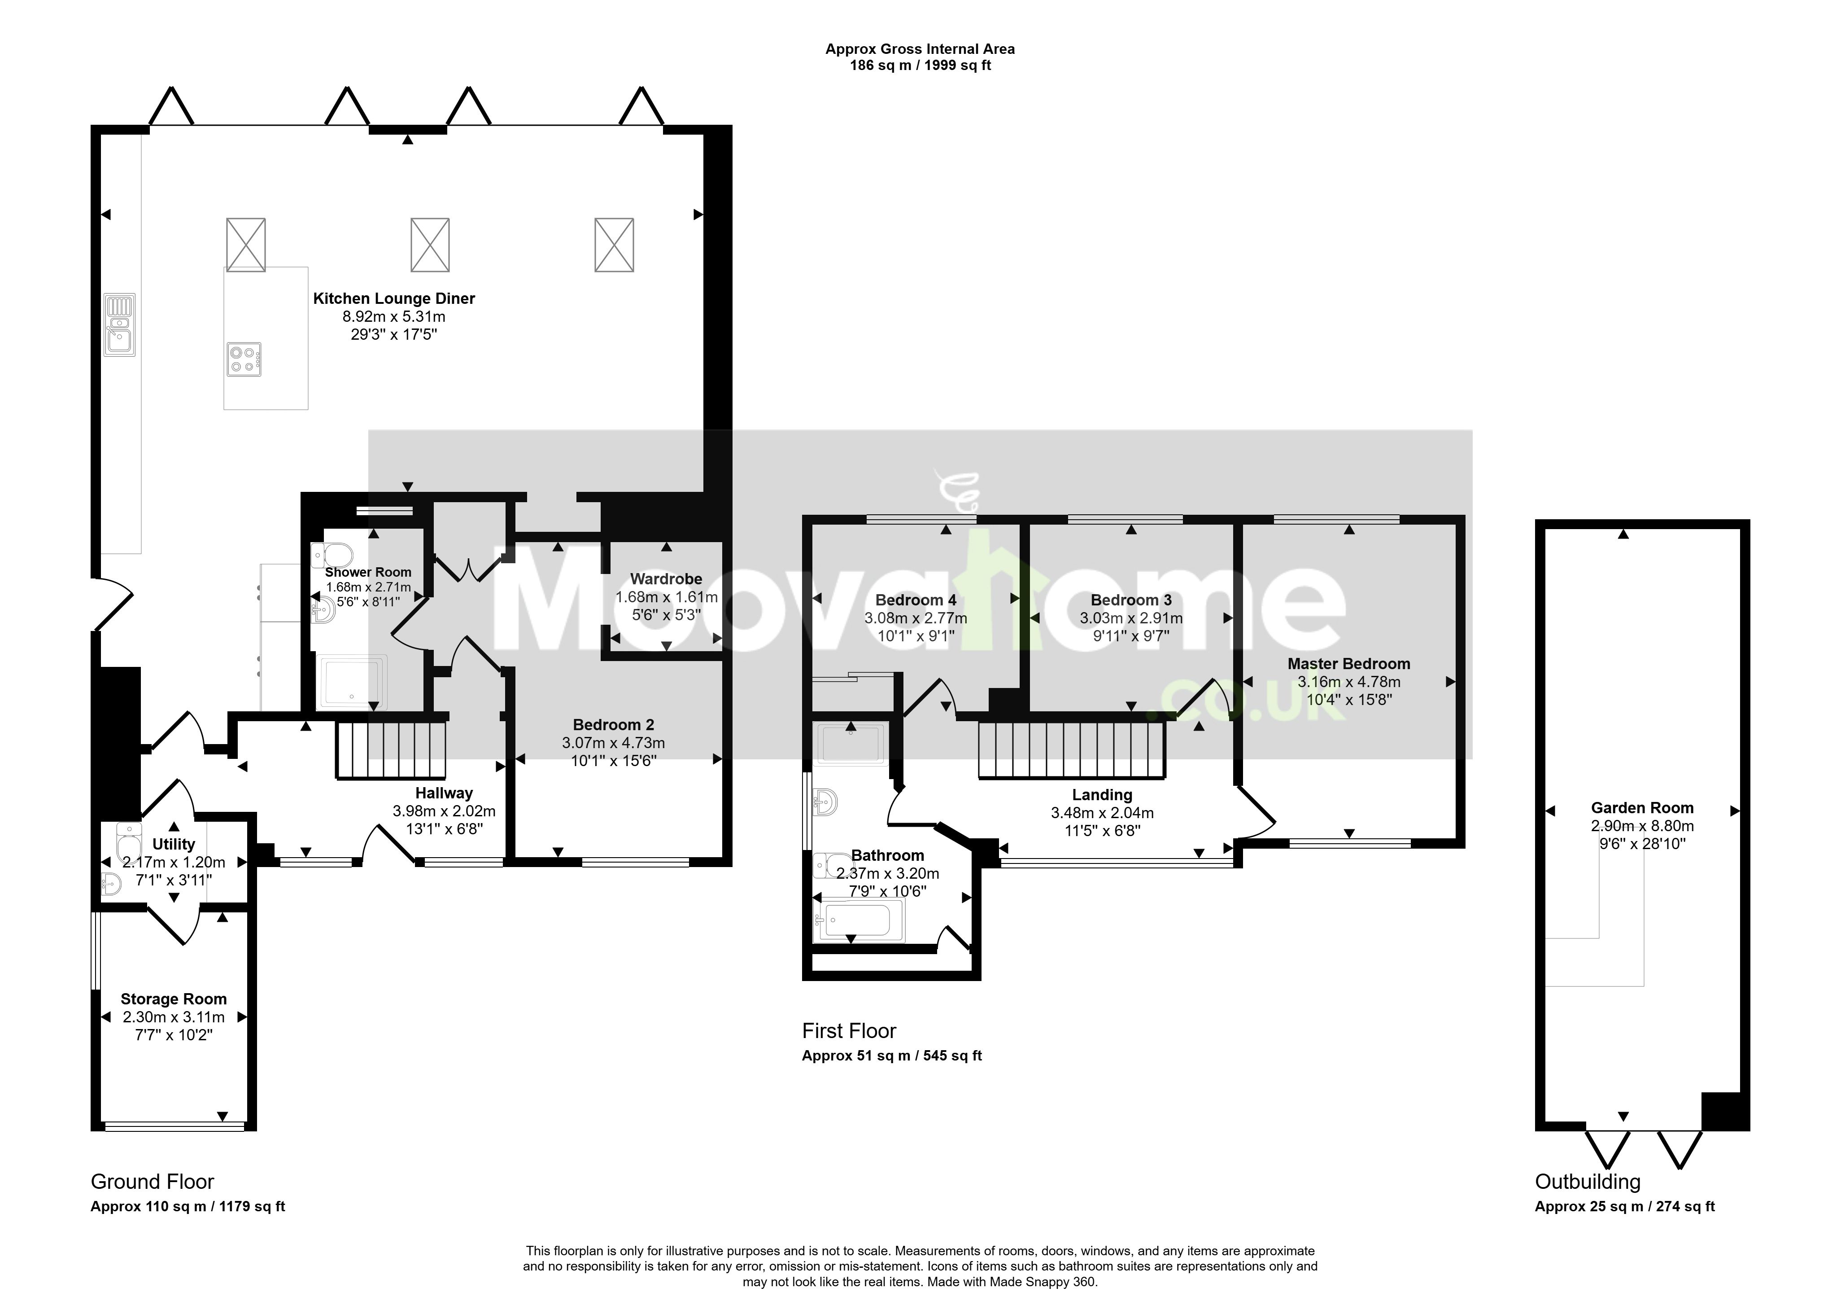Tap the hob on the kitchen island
coord(244,360)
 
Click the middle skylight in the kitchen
coord(430,245)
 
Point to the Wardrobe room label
coord(666,578)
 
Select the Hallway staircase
coord(391,750)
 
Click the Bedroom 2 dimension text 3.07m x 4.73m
coord(614,743)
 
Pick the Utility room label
coord(173,844)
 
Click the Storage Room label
coord(173,999)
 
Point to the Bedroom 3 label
coord(1131,600)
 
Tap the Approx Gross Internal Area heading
coord(920,49)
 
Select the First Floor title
coord(849,1031)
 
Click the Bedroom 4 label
coord(916,600)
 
